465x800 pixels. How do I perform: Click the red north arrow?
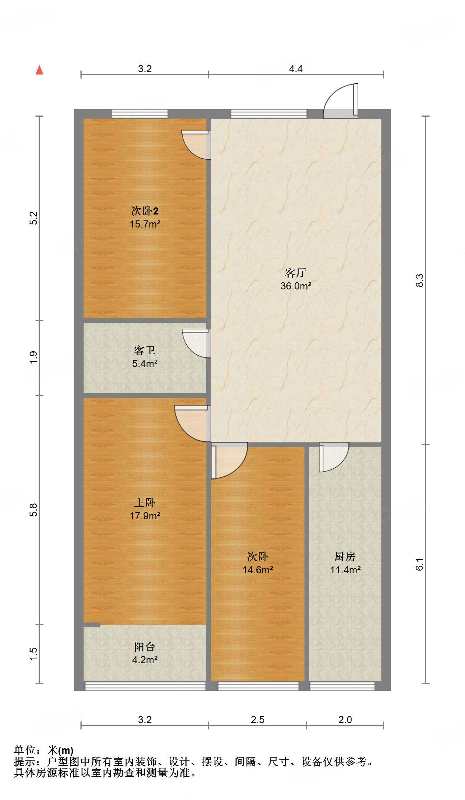pos(39,70)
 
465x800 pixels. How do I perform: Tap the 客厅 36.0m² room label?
pos(296,279)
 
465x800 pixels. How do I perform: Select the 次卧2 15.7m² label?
pos(145,217)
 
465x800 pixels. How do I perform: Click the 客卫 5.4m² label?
pos(145,357)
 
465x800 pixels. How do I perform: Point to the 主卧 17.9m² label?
pos(145,509)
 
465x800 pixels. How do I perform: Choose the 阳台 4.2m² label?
pos(145,653)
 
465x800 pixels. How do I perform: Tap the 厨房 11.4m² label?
pos(345,563)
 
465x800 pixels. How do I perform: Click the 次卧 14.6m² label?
pos(258,563)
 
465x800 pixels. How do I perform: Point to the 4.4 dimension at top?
pos(295,69)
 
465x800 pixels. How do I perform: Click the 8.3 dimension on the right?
pos(419,280)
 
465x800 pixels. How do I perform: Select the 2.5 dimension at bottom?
pos(257,720)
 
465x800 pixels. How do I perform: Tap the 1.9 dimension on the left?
pos(34,357)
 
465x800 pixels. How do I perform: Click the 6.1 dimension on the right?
pos(419,564)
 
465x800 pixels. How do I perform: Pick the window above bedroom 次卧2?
pos(140,114)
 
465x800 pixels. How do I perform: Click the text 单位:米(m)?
pos(44,750)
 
